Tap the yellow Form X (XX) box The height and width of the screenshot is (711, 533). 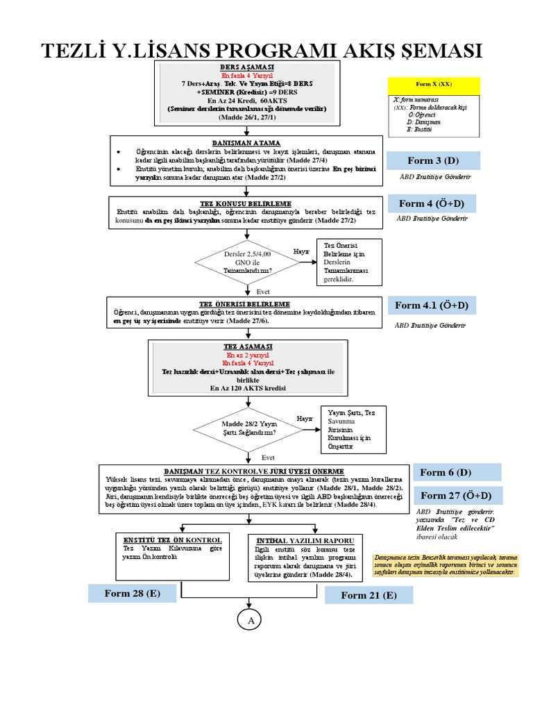tap(434, 84)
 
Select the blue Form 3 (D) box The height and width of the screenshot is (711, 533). tap(434, 161)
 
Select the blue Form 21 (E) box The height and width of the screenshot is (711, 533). tap(369, 595)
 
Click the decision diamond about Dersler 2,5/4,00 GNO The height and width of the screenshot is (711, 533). tap(248, 263)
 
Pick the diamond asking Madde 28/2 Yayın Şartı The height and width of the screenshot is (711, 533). tap(248, 428)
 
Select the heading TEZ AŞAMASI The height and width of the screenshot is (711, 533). tap(248, 346)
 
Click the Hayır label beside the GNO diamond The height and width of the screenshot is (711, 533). tap(302, 251)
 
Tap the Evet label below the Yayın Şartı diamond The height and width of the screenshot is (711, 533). tap(268, 458)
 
